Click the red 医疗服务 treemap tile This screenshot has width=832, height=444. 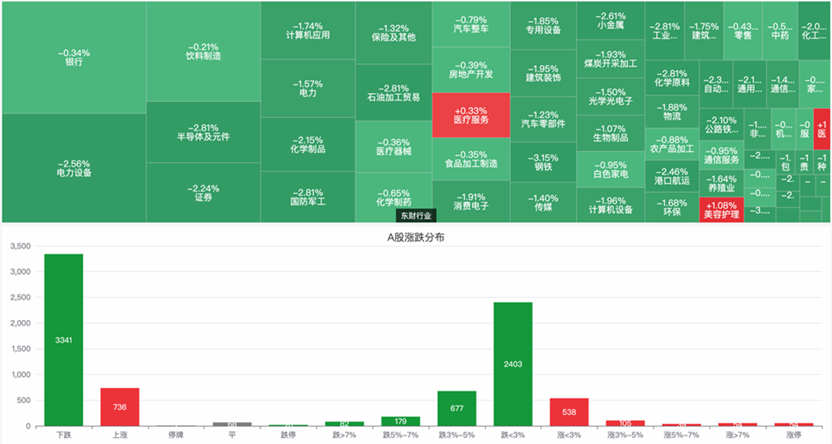(471, 115)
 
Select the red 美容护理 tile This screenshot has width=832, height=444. (722, 210)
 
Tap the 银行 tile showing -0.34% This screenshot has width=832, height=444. (73, 58)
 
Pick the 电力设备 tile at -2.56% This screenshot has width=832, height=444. (73, 169)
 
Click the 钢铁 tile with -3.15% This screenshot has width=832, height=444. (543, 162)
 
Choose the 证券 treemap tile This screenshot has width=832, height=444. (203, 193)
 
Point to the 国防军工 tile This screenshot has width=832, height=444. (308, 197)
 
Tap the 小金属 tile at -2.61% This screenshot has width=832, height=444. (610, 20)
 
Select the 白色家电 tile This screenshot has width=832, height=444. (610, 169)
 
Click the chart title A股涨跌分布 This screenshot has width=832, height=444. (416, 237)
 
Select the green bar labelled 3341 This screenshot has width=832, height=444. (63, 340)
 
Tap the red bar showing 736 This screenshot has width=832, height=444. (119, 407)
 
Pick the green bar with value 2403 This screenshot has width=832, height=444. (513, 364)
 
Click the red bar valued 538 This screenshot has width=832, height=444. (569, 411)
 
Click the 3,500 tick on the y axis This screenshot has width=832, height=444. (21, 246)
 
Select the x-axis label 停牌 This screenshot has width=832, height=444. (175, 436)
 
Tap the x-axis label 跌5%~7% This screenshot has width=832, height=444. (401, 436)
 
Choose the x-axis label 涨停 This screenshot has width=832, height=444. (793, 436)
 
